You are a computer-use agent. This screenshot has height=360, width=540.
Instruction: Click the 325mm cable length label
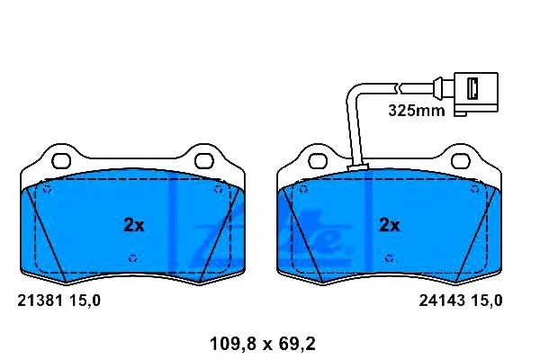click(x=417, y=111)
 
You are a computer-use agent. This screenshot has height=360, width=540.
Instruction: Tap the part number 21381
click(x=40, y=301)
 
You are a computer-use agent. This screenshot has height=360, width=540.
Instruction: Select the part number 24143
click(x=442, y=301)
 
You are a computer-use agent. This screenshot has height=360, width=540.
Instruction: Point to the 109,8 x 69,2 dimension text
click(x=263, y=344)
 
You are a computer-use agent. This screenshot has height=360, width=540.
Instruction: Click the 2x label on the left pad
click(x=133, y=225)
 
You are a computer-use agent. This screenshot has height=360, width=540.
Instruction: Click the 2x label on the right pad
click(x=389, y=225)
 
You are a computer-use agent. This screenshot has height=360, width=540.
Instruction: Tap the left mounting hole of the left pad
click(x=61, y=161)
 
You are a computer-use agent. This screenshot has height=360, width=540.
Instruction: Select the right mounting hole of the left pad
click(x=204, y=161)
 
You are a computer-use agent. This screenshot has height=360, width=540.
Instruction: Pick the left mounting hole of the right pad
click(x=318, y=161)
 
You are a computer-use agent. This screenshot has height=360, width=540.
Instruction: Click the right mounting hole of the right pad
click(x=461, y=161)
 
